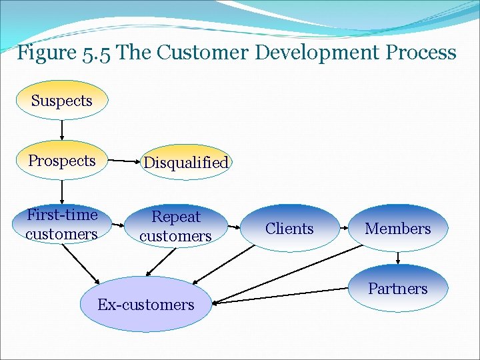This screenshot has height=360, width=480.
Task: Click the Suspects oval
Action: [x=62, y=101]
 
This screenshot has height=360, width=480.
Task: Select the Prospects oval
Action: [x=62, y=161]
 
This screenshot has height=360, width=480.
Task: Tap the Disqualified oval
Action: [x=186, y=162]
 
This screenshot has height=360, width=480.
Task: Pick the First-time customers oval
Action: [x=62, y=224]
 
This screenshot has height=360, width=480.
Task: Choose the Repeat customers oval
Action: [x=175, y=226]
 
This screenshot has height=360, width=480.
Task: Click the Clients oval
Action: [x=289, y=229]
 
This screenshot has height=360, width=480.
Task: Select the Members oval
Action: [x=398, y=229]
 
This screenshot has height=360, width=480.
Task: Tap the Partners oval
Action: [x=398, y=289]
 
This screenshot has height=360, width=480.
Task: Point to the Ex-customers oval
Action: [x=145, y=305]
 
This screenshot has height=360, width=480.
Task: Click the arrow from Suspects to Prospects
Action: [x=62, y=130]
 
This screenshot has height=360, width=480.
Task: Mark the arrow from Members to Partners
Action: [x=398, y=257]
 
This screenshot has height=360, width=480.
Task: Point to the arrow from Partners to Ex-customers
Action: [x=283, y=296]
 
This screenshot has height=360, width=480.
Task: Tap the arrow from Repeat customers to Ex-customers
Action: [x=161, y=261]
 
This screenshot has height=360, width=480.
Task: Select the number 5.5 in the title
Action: [x=97, y=53]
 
